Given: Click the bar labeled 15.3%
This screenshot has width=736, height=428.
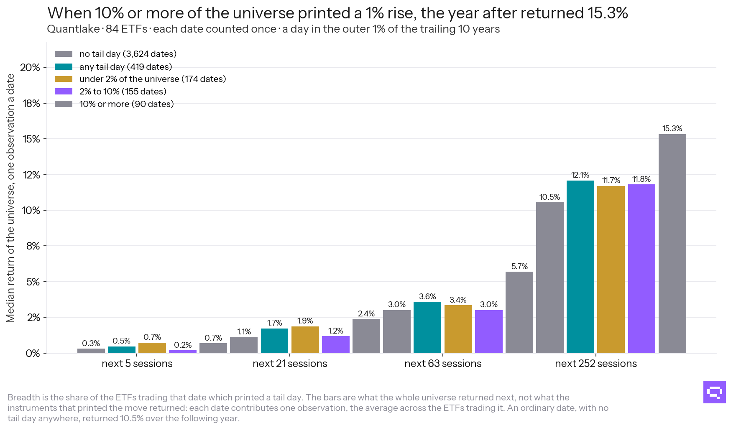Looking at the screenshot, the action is (672, 244).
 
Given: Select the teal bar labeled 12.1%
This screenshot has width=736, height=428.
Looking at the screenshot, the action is (580, 267).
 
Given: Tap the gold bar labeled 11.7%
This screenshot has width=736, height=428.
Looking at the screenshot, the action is (611, 270).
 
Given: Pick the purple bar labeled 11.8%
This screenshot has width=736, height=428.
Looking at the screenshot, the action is (641, 269).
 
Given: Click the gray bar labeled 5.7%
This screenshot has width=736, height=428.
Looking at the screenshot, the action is (519, 312).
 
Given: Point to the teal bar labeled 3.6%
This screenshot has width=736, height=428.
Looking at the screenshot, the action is (427, 327).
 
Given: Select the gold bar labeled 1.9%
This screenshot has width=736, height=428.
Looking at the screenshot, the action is (305, 340).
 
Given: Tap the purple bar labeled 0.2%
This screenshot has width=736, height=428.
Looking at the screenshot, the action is (183, 352).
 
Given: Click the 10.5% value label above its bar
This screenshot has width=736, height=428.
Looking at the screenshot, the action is (549, 197).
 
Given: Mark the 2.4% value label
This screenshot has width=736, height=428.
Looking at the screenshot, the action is (366, 313).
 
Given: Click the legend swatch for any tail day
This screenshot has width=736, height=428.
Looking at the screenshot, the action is (64, 67).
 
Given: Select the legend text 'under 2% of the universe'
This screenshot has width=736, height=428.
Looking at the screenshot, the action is (129, 79).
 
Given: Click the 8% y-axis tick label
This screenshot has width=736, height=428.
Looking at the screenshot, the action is (33, 246).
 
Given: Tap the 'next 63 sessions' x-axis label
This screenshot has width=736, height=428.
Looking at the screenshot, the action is (443, 364).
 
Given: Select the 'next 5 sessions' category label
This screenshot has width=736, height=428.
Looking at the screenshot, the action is (137, 364).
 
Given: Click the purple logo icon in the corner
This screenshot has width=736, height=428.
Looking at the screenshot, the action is (715, 392).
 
